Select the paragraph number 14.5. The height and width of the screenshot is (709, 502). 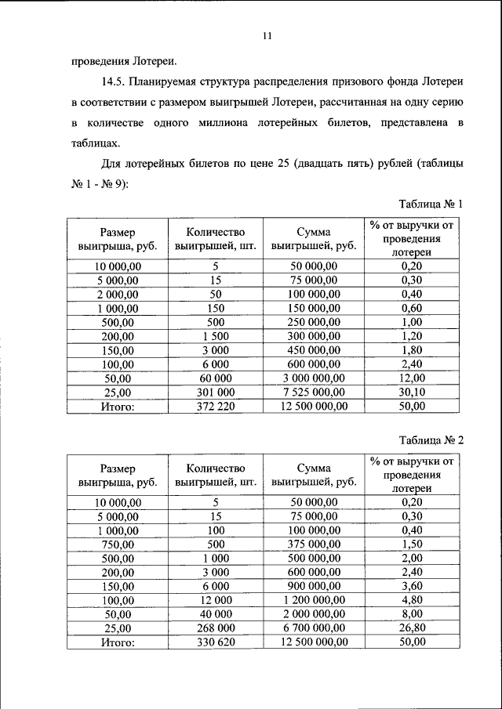[x=115, y=82]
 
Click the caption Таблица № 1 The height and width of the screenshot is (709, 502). [x=431, y=204]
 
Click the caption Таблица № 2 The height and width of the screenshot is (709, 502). [x=431, y=440]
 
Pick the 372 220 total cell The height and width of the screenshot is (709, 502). [x=216, y=407]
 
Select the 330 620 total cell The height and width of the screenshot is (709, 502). [x=216, y=642]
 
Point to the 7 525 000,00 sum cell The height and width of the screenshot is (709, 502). [x=314, y=392]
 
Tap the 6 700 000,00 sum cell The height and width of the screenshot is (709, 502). [x=314, y=628]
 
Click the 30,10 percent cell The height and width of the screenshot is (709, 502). [x=412, y=392]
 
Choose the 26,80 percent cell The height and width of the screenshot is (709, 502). [x=412, y=628]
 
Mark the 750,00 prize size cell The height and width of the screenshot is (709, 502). [x=118, y=544]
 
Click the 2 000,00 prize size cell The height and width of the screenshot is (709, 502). [x=118, y=294]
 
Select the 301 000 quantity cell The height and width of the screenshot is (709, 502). [x=216, y=392]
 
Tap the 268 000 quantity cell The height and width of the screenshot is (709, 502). [x=216, y=628]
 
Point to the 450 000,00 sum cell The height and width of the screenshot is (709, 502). [x=314, y=350]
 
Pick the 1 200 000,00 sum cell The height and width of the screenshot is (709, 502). [x=314, y=600]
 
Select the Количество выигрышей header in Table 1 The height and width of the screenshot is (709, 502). [x=216, y=239]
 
